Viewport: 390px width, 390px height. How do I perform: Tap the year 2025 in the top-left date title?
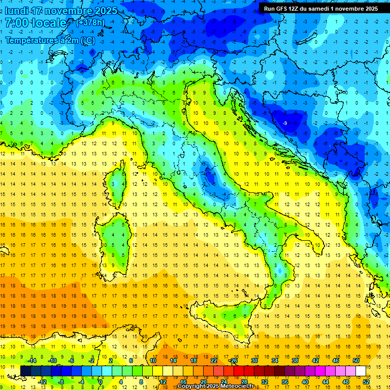[x=106, y=11]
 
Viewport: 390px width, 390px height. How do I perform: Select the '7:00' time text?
[x=16, y=23]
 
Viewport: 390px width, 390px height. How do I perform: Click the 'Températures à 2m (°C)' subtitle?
[x=49, y=40]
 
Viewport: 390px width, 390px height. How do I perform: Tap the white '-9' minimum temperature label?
[x=285, y=123]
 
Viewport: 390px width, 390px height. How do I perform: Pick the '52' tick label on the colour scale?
[x=366, y=381]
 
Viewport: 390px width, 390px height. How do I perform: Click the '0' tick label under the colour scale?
[x=101, y=381]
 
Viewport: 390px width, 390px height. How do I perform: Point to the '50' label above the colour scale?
[x=356, y=361]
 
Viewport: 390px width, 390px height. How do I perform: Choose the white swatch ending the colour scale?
[x=361, y=371]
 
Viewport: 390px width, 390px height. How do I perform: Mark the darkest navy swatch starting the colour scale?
[x=25, y=371]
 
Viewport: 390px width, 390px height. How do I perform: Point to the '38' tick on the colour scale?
[x=295, y=361]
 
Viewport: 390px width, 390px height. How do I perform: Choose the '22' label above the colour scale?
[x=214, y=361]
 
